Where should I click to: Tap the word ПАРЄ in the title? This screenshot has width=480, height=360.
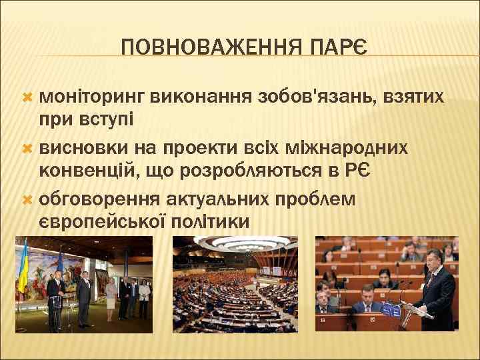[x=343, y=47]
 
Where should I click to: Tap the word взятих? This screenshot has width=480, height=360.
[x=415, y=97]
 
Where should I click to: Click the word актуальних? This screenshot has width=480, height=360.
[x=230, y=198]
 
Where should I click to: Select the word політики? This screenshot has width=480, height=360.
[x=212, y=222]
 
